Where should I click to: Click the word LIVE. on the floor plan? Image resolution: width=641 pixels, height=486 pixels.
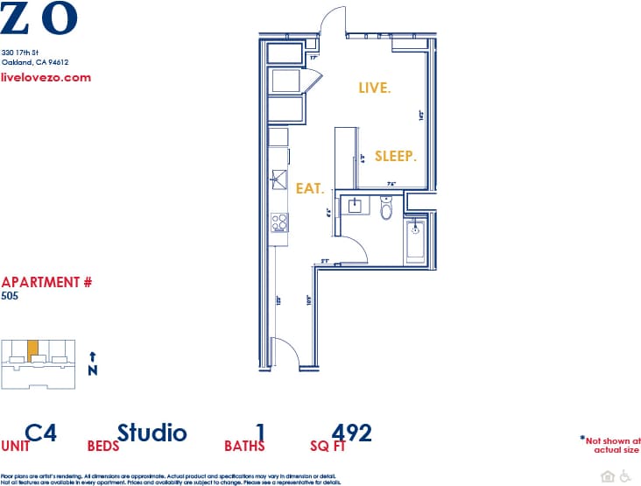375,88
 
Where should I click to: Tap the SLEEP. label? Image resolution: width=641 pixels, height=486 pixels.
395,156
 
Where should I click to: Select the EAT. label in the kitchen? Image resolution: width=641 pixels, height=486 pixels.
310,188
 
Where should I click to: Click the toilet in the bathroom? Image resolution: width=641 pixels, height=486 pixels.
387,209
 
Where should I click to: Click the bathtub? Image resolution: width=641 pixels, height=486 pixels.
415,241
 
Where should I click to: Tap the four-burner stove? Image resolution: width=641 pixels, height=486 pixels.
279,222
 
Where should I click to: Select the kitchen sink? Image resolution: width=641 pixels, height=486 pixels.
278,180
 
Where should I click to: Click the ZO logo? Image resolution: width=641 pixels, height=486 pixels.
39,18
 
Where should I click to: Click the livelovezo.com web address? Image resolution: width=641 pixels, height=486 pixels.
46,77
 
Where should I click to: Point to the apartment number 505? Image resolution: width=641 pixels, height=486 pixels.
10,296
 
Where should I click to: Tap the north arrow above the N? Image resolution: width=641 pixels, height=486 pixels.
92,356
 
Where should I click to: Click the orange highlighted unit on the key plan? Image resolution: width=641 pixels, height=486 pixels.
32,349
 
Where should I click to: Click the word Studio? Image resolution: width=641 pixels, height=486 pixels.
151,433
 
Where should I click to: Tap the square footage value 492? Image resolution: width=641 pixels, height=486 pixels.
352,433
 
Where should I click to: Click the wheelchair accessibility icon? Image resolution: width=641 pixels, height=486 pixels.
625,476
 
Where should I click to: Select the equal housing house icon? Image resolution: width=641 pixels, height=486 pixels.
608,476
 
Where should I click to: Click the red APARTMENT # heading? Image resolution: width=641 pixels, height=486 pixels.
46,282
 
